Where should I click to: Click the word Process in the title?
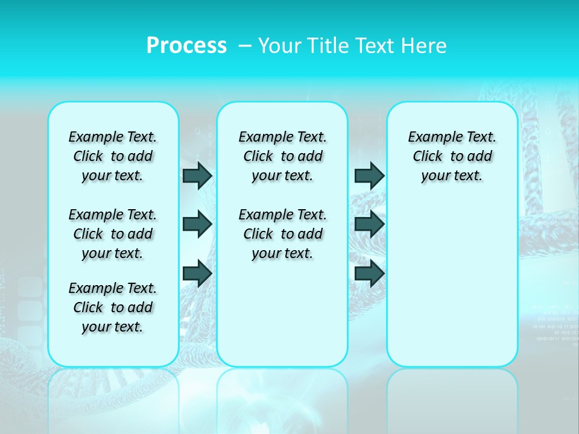pyautogui.click(x=186, y=46)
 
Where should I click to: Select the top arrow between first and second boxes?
pyautogui.click(x=197, y=175)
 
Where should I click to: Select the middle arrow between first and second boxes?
pyautogui.click(x=197, y=224)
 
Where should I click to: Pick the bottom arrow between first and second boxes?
pyautogui.click(x=197, y=273)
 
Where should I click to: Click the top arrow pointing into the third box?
pyautogui.click(x=369, y=175)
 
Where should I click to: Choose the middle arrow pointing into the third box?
pyautogui.click(x=369, y=224)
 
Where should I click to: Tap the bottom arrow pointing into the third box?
pyautogui.click(x=369, y=273)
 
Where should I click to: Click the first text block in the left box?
pyautogui.click(x=113, y=156)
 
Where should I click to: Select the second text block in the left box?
pyautogui.click(x=113, y=234)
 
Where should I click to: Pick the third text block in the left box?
pyautogui.click(x=113, y=307)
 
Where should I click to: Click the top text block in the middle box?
pyautogui.click(x=282, y=156)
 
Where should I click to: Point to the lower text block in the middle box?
pyautogui.click(x=282, y=234)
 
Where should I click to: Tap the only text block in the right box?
pyautogui.click(x=452, y=156)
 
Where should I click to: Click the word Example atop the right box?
pyautogui.click(x=431, y=137)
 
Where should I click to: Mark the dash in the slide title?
pyautogui.click(x=245, y=46)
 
